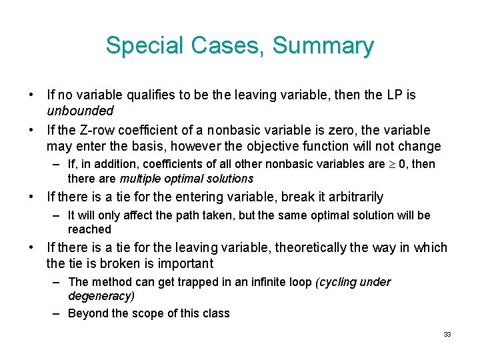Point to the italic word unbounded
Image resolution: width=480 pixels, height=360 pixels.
[80, 111]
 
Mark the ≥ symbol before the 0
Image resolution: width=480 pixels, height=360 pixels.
[395, 164]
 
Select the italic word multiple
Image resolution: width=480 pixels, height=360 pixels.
[142, 179]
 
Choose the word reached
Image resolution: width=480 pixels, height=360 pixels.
[89, 229]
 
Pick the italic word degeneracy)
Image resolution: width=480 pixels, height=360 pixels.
[101, 296]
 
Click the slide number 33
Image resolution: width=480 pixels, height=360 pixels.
[447, 334]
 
